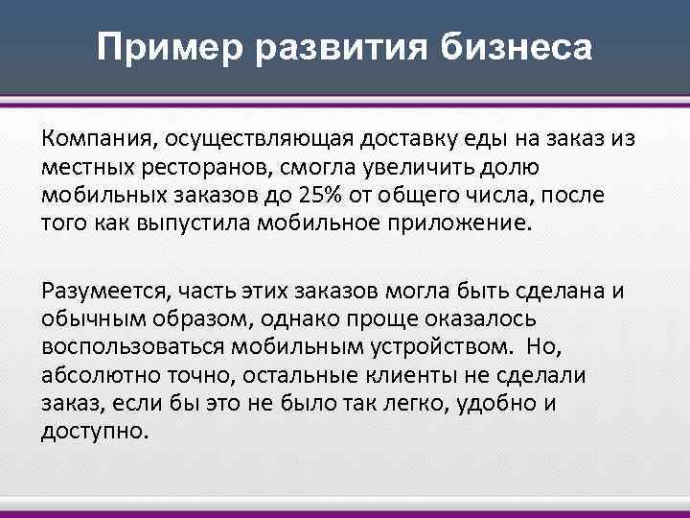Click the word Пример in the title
tap(155, 47)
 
